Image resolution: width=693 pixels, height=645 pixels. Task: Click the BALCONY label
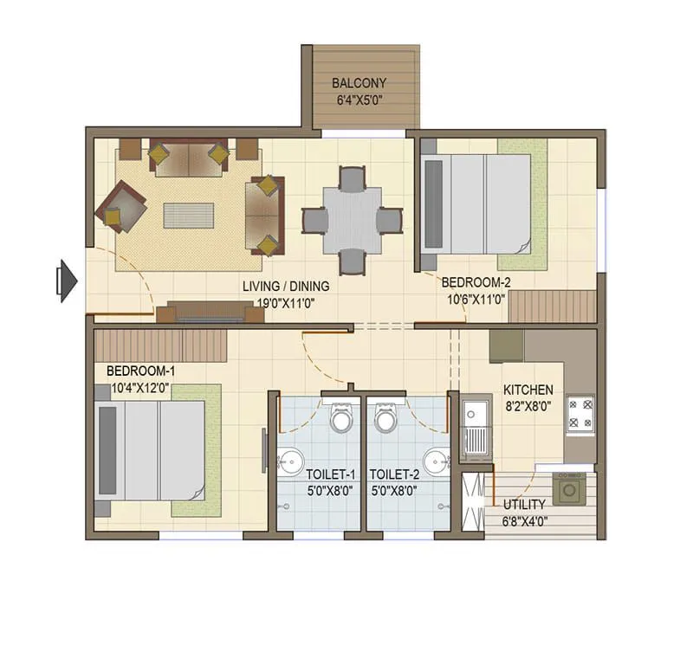pyautogui.click(x=359, y=84)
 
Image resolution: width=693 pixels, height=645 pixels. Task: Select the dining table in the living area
pyautogui.click(x=352, y=220)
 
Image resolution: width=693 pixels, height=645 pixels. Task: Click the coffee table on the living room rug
pyautogui.click(x=188, y=215)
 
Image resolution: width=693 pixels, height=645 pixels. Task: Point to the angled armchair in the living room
pyautogui.click(x=122, y=206)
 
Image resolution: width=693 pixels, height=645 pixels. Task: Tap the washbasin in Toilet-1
pyautogui.click(x=286, y=460)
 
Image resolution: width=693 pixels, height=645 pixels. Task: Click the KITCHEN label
pyautogui.click(x=528, y=390)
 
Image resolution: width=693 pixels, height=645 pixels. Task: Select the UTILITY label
pyautogui.click(x=524, y=505)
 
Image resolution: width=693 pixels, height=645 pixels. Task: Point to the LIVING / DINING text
pyautogui.click(x=286, y=287)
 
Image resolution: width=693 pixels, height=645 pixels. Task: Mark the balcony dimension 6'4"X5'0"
pyautogui.click(x=359, y=100)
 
